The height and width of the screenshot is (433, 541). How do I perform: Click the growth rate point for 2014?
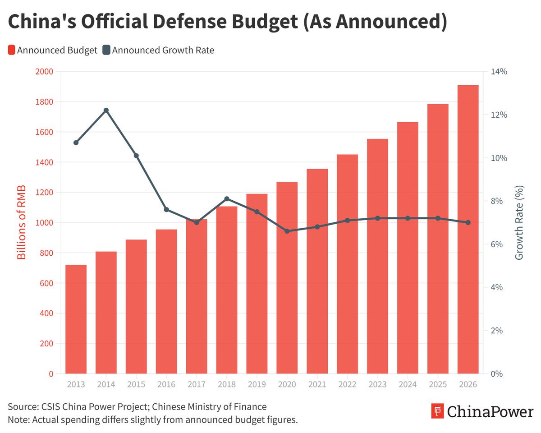(106, 111)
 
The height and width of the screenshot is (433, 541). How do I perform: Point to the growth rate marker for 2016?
(166, 210)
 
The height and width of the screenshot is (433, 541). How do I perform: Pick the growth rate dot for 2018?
(227, 199)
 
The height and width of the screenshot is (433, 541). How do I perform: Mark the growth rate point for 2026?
(468, 222)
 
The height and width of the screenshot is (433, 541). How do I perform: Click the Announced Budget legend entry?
(53, 50)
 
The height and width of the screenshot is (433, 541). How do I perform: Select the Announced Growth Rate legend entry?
(158, 50)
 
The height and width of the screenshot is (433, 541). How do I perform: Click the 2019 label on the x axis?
(257, 384)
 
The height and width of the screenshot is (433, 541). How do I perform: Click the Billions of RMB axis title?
(21, 222)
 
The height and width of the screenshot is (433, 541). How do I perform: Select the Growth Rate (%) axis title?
(519, 222)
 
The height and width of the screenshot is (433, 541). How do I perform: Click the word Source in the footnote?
(23, 407)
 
